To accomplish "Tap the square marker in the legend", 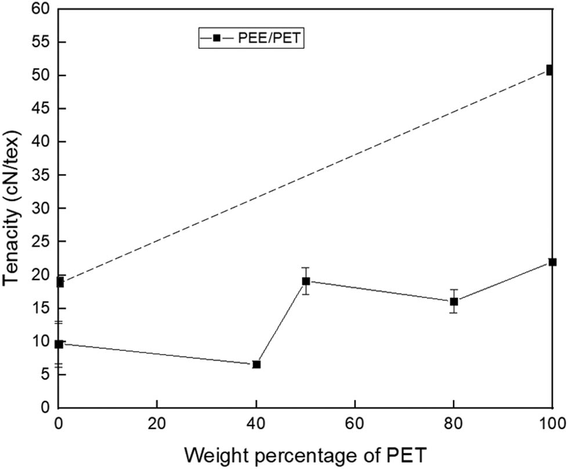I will pyautogui.click(x=216, y=38).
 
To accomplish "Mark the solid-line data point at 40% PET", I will pyautogui.click(x=256, y=364).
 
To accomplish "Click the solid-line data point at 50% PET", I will pyautogui.click(x=306, y=281).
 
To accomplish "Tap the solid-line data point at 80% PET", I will pyautogui.click(x=454, y=302).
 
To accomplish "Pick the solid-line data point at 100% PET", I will pyautogui.click(x=552, y=262).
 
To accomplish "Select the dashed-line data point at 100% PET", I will pyautogui.click(x=550, y=70).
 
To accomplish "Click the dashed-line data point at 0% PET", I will pyautogui.click(x=59, y=282).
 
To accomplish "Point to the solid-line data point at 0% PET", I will pyautogui.click(x=59, y=344).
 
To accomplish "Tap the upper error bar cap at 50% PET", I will pyautogui.click(x=306, y=268).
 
